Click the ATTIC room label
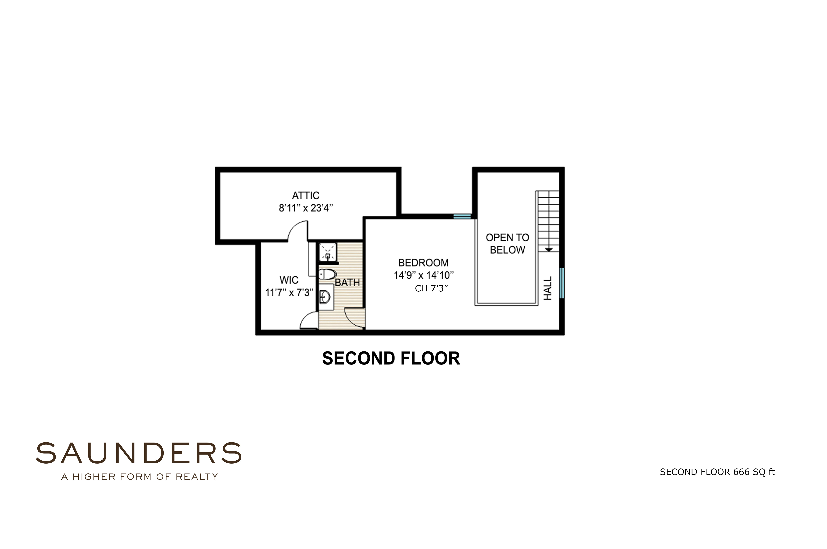coord(306,195)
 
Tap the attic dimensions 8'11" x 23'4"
coord(306,208)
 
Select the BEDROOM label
coord(423,263)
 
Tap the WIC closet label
coord(289,280)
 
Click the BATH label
coord(347,283)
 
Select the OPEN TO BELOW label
coord(507,244)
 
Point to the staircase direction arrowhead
coord(549,250)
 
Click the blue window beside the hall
coord(562,283)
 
